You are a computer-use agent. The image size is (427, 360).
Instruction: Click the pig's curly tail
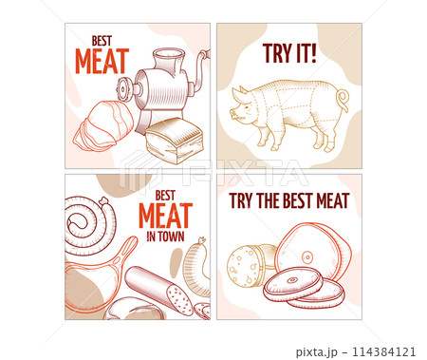pyautogui.click(x=343, y=99)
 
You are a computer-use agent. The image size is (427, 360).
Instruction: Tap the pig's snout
pyautogui.click(x=232, y=114)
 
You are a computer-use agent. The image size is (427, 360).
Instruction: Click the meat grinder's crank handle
pyautogui.click(x=201, y=68)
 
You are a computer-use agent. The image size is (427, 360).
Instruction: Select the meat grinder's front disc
pyautogui.click(x=123, y=88)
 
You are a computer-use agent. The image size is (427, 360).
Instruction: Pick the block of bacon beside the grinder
pyautogui.click(x=174, y=141)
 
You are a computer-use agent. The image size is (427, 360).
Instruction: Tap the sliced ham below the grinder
pyautogui.click(x=102, y=126)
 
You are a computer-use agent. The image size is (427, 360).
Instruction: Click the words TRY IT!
pyautogui.click(x=289, y=53)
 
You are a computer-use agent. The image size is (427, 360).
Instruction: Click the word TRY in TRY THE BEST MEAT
pyautogui.click(x=241, y=200)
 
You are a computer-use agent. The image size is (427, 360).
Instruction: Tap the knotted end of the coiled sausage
pyautogui.click(x=103, y=200)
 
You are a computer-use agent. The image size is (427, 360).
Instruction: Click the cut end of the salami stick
pyautogui.click(x=179, y=299)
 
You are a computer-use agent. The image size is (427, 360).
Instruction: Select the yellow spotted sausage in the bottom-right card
pyautogui.click(x=250, y=265)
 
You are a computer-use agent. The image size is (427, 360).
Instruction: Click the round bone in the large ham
pyautogui.click(x=307, y=256)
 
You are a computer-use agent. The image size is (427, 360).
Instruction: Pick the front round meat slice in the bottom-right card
pyautogui.click(x=293, y=283)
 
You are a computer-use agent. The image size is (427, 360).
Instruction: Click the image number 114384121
pyautogui.click(x=383, y=351)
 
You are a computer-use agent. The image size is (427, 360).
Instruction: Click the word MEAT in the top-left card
pyautogui.click(x=102, y=61)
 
